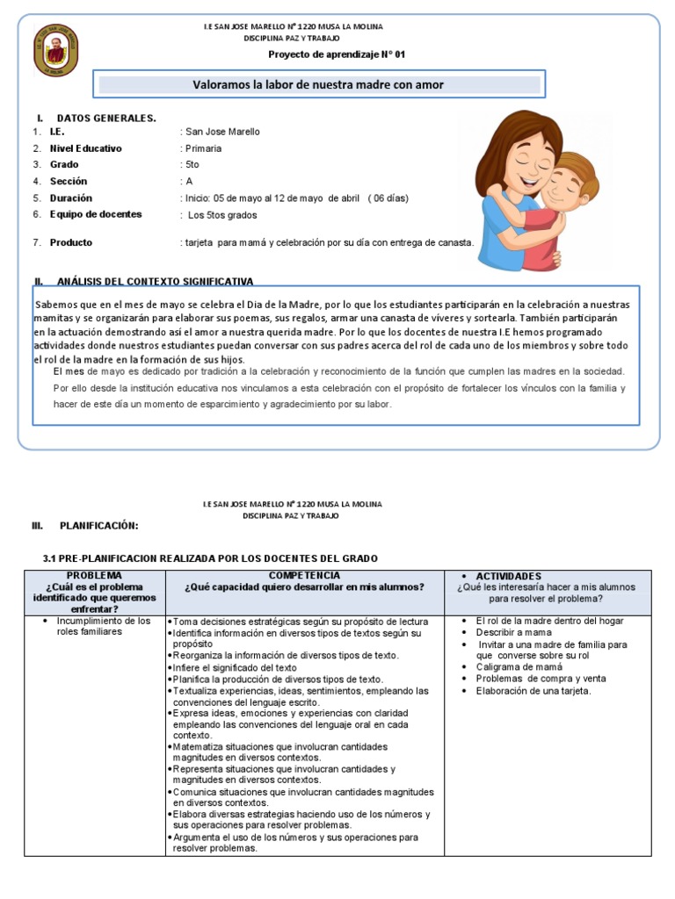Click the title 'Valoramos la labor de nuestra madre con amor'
pos(318,85)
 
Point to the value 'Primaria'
pos(203,148)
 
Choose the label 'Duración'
pos(70,198)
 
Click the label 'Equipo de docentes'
pos(96,214)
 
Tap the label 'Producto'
pos(70,242)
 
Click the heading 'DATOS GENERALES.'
pos(106,118)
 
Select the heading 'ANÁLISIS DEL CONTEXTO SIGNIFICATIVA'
pos(155,282)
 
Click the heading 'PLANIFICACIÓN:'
pos(98,525)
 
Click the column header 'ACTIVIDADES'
pos(509,576)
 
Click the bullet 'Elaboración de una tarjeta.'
pos(533,690)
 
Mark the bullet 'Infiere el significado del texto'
pos(236,667)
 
